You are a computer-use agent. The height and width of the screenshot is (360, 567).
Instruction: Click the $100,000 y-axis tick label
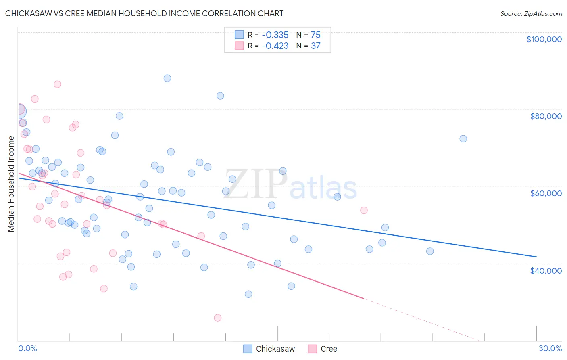pos(544,39)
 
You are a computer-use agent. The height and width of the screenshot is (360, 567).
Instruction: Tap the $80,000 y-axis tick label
pos(546,116)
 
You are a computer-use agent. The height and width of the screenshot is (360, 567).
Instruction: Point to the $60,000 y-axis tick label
pos(546,193)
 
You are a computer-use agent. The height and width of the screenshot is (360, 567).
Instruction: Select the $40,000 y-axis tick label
pos(546,270)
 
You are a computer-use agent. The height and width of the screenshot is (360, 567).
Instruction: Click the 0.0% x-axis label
pos(27,348)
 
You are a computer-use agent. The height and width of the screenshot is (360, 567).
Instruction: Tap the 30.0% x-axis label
pos(550,348)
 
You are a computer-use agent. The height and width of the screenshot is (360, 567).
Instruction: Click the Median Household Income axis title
pos(11,184)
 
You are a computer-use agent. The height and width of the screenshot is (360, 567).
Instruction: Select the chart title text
pos(144,13)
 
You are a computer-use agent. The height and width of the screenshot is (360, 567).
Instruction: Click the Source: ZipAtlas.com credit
pos(531,13)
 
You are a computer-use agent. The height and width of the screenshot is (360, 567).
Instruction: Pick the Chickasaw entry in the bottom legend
pos(275,349)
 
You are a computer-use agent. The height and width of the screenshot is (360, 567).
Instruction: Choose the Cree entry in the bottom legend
pos(328,349)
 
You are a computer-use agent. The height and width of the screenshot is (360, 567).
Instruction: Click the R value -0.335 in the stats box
pos(275,35)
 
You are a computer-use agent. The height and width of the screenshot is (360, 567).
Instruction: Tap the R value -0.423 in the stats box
pos(275,46)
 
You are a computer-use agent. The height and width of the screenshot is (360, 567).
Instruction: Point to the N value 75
pos(315,35)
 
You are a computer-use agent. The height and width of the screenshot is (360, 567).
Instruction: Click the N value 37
pos(315,46)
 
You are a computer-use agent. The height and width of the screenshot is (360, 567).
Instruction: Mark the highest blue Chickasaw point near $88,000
pos(167,78)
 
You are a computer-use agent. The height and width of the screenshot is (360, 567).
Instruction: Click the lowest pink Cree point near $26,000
pos(218,318)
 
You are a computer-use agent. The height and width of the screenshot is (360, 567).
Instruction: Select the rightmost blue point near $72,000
pos(463,139)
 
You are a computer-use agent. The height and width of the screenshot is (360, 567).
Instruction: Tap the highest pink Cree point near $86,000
pos(57,84)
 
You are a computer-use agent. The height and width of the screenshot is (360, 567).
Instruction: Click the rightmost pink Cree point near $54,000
pos(364,210)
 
